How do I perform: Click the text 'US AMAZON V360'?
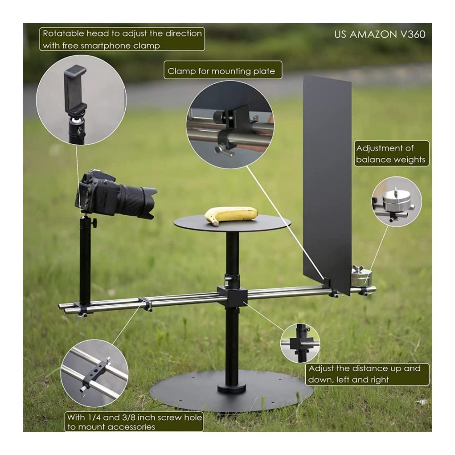(x=379, y=35)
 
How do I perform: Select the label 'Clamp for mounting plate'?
(x=222, y=70)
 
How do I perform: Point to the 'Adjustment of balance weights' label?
(x=391, y=153)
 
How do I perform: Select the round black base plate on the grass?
(x=232, y=391)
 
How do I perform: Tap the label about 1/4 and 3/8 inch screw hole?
(x=134, y=422)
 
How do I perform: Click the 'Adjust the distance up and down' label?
(x=367, y=374)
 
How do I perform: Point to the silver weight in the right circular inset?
(x=396, y=201)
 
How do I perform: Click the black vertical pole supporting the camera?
(x=85, y=260)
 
